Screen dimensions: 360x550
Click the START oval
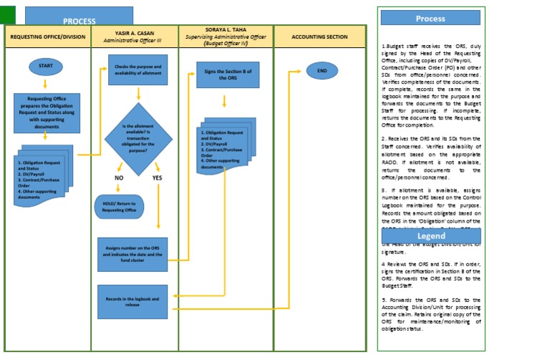pos(47,67)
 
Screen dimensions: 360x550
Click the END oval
pos(322,71)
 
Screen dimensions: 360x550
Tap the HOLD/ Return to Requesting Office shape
pos(119,208)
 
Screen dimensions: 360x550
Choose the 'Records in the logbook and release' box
pos(132,301)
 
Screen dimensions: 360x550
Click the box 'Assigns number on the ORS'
pos(132,254)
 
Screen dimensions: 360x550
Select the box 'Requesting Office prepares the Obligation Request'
pos(47,112)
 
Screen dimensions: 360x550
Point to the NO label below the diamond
pos(119,177)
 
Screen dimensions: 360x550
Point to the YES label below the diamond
pos(158,177)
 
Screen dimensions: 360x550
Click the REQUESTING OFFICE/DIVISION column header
pos(47,37)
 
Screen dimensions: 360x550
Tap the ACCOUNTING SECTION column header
pos(319,37)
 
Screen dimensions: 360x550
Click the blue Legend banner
pos(431,235)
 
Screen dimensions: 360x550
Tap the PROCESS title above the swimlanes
pos(79,20)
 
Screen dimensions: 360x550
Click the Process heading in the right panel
pos(430,18)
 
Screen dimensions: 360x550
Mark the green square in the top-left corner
pos(7,12)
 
